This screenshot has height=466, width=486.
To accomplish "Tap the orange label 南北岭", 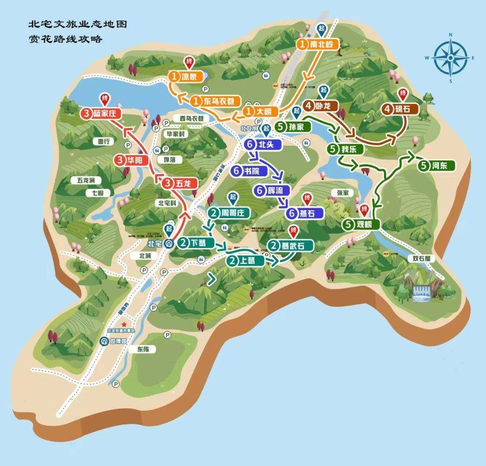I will (x=318, y=45).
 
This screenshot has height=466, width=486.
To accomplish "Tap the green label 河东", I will (x=437, y=166).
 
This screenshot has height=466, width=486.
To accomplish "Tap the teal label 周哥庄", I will (x=229, y=213).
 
